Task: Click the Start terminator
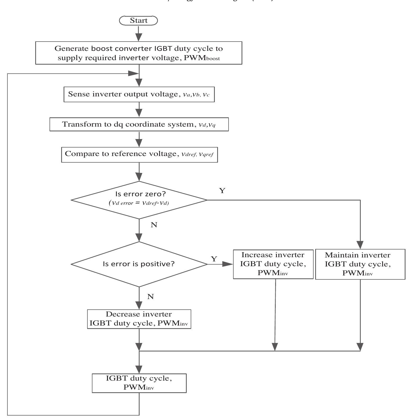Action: tap(138, 20)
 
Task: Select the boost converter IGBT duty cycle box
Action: tap(139, 53)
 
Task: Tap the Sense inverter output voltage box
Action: tap(139, 94)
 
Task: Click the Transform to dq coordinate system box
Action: tap(139, 124)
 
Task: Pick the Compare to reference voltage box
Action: tap(139, 154)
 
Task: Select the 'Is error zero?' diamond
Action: tap(139, 200)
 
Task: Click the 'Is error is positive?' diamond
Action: tap(139, 264)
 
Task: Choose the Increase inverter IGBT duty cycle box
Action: tap(273, 264)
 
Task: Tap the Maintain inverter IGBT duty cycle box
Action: tap(360, 264)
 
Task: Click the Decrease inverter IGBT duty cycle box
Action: tap(139, 319)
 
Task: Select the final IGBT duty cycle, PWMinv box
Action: tap(139, 383)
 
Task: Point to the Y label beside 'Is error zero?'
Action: tap(222, 191)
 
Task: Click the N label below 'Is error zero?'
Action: tap(154, 225)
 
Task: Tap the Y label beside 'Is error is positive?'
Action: tap(214, 259)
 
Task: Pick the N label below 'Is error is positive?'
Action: tap(150, 297)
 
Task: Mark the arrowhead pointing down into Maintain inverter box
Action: tap(360, 244)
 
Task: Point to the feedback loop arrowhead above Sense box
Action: tap(133, 73)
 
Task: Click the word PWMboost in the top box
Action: tap(202, 58)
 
